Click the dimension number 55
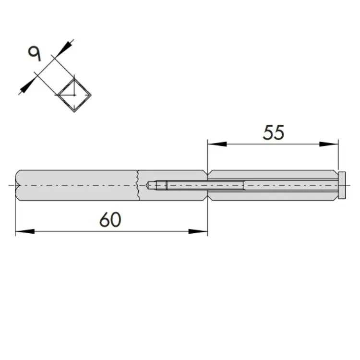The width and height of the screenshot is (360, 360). (274, 132)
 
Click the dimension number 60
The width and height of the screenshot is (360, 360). (110, 220)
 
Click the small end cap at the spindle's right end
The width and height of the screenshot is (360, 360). (342, 185)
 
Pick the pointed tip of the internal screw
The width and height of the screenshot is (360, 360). (148, 185)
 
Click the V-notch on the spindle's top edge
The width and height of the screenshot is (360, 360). (207, 172)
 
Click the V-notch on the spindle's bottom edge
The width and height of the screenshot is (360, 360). (207, 198)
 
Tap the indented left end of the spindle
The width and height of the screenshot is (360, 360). (17, 185)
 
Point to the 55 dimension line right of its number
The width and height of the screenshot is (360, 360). (307, 144)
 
